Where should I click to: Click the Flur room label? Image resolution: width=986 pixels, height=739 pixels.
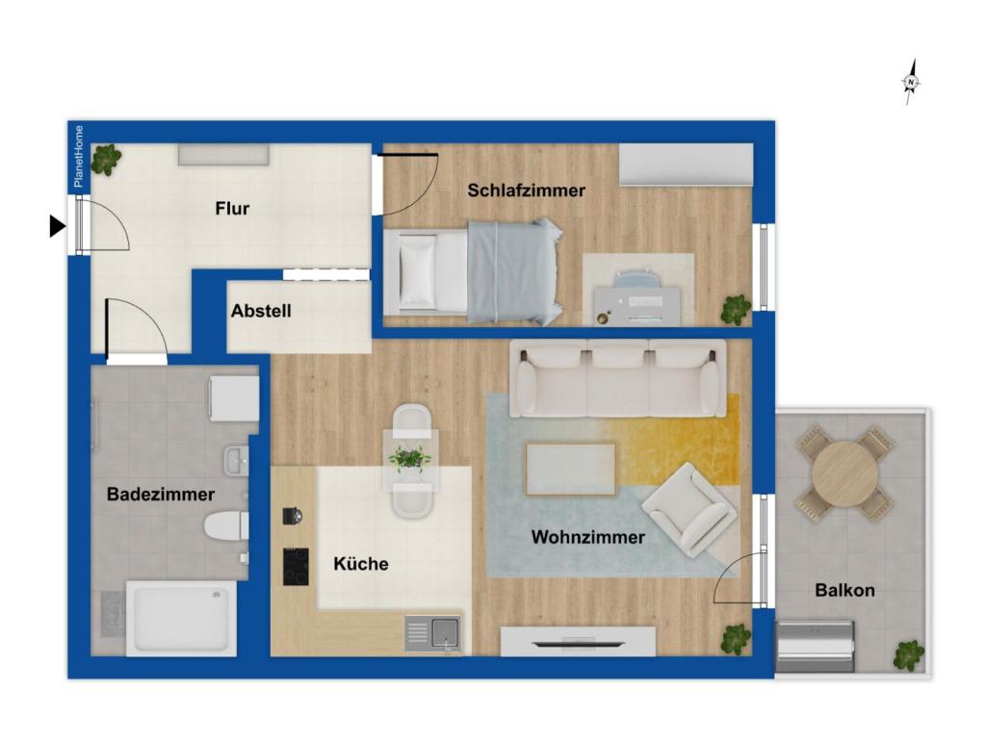[x=232, y=208]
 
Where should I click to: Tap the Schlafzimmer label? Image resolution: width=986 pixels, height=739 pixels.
[x=526, y=191]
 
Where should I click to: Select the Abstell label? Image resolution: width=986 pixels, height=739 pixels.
[x=261, y=311]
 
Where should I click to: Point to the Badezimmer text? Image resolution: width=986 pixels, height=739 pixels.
[x=161, y=495]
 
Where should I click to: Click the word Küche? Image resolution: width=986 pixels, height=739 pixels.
[x=361, y=564]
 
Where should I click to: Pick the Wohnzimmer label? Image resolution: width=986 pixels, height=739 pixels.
[x=587, y=537]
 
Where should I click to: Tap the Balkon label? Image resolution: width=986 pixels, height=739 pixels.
[x=844, y=590]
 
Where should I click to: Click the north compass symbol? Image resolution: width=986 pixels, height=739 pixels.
[x=910, y=83]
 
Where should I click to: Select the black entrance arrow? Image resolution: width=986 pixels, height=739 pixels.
[x=58, y=226]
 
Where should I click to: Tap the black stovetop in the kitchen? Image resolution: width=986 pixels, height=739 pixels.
[x=296, y=567]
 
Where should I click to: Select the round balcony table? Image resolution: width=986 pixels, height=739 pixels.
[x=844, y=473]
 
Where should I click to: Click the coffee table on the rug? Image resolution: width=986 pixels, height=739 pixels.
[x=570, y=468]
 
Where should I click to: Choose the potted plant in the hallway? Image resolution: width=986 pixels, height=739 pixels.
[x=105, y=159]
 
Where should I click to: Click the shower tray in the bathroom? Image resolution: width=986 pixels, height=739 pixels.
[x=181, y=618]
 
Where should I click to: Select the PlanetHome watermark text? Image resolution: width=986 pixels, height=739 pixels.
[x=79, y=156]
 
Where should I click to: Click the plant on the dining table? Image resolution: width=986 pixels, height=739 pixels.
[x=410, y=458]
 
